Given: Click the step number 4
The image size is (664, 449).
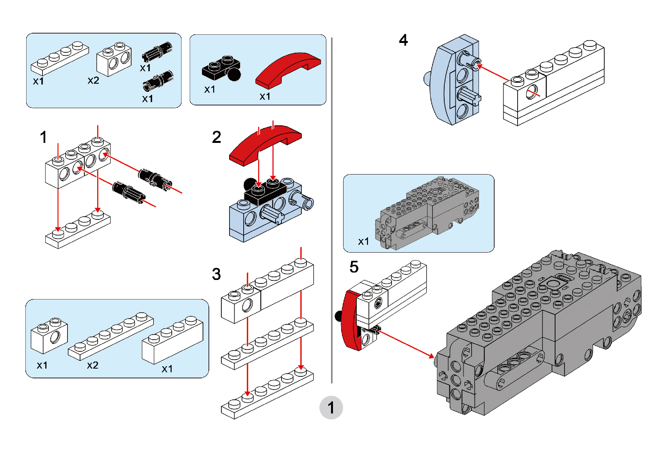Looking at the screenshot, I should coord(403,40).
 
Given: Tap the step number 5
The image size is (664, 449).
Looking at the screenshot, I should coord(354,267).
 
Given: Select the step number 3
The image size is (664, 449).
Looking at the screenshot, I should coord(216,274).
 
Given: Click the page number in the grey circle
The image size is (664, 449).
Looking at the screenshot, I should coord(331,408).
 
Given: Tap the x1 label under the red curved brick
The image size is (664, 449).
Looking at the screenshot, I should coord(265,96).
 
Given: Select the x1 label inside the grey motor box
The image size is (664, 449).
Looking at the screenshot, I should coord(363,242).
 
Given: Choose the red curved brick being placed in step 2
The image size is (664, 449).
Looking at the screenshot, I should coord(265,143).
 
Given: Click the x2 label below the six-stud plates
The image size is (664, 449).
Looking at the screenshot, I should coord(93,365).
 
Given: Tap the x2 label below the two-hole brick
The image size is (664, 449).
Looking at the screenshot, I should coord(93,81).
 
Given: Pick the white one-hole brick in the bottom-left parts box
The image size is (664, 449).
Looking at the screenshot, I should coord(50,335).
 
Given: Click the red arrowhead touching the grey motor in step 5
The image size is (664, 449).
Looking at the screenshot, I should coord(431,356).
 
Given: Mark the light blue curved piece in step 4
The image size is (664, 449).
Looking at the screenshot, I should coord(443,82).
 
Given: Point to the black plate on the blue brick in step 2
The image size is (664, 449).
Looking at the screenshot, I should coord(265,191).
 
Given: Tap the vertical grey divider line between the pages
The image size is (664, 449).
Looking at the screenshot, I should coord(332,211).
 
